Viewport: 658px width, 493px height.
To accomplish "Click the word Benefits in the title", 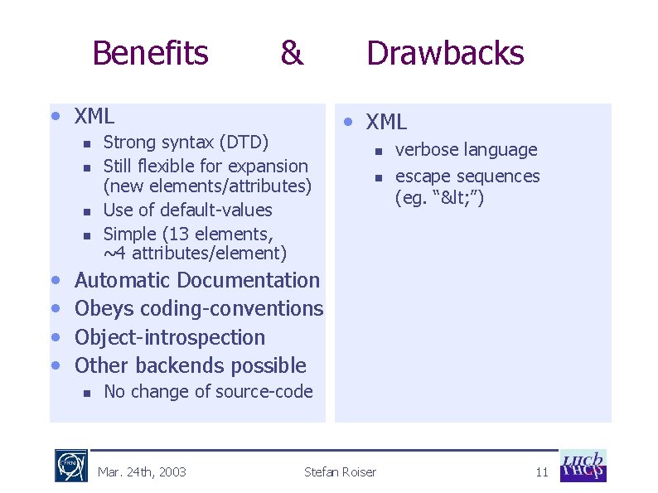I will tap(150, 53).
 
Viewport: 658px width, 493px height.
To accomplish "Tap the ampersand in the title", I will tap(291, 53).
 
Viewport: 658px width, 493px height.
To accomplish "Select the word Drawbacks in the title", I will tap(445, 53).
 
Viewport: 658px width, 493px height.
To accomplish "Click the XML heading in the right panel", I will tap(386, 122).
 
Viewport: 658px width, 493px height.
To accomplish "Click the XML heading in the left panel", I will tap(94, 115).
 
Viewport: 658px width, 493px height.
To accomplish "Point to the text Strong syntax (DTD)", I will tap(186, 143).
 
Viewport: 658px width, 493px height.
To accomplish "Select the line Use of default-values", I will tap(187, 210).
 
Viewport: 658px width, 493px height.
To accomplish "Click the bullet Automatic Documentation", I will tap(196, 281).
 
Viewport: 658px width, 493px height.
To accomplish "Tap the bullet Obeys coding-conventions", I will tap(198, 309).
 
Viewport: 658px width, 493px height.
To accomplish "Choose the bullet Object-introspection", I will tap(170, 337).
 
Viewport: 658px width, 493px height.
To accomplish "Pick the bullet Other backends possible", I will tap(190, 365).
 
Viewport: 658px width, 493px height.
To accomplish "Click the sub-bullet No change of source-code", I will tap(208, 392).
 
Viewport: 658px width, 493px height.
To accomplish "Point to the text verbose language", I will tap(466, 150).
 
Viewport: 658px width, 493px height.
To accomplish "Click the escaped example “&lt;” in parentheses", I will tap(445, 198).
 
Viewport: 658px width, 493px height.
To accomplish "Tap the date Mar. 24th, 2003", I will tap(142, 472).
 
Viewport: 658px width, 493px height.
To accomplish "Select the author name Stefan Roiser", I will tap(340, 472).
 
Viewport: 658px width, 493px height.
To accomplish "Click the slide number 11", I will tap(542, 472).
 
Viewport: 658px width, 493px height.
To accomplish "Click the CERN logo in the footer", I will tap(71, 466).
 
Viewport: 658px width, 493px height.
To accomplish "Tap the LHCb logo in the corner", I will tap(583, 466).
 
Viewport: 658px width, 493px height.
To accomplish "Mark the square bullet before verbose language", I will tap(375, 151).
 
